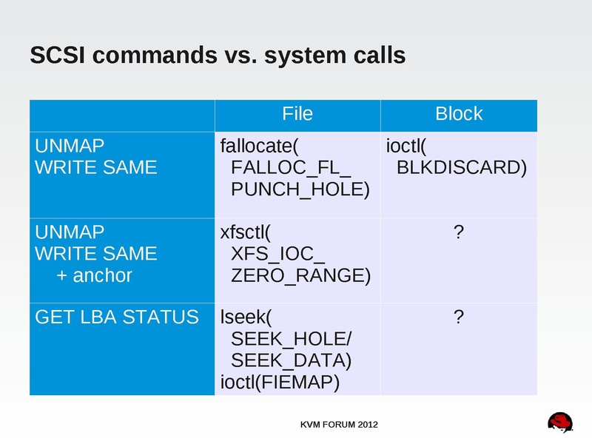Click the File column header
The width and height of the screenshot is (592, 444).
tap(297, 114)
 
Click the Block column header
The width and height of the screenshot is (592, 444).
tap(459, 114)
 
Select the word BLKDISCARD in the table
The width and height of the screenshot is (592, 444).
tap(462, 167)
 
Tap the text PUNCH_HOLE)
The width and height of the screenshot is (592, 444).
tap(300, 189)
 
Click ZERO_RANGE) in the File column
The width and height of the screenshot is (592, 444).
tap(300, 276)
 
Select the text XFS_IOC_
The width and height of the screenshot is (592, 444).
tap(278, 254)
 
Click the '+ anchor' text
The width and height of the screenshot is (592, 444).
tap(95, 276)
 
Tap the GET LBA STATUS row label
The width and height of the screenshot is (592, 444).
tap(117, 318)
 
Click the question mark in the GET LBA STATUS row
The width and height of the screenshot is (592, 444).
tap(459, 318)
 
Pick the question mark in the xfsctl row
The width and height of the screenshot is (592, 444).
tap(459, 232)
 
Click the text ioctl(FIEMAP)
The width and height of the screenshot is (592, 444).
tap(280, 383)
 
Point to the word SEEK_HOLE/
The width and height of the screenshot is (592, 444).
tap(292, 340)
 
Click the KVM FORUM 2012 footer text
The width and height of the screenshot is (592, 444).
tap(339, 425)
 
